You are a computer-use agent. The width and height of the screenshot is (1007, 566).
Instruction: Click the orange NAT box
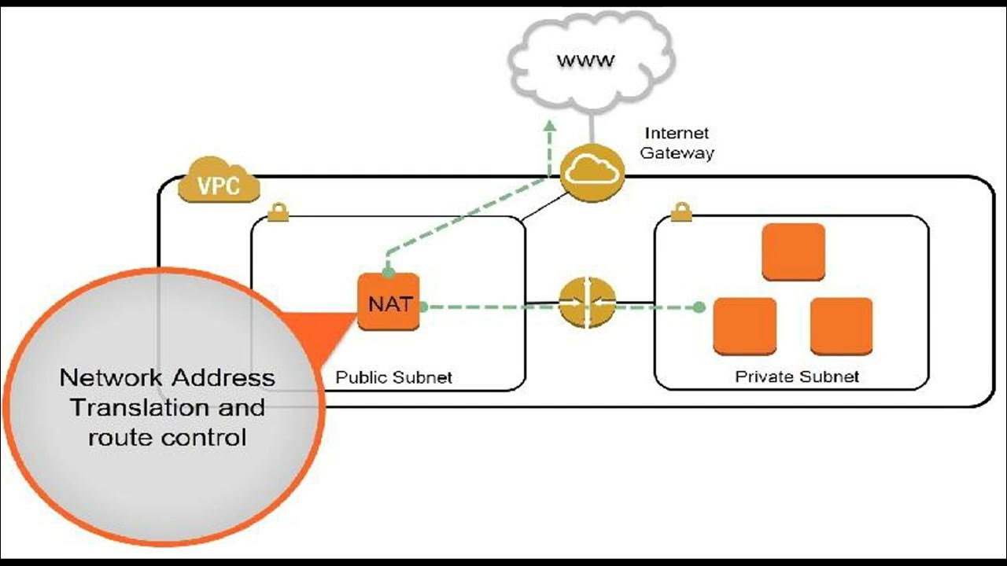389,303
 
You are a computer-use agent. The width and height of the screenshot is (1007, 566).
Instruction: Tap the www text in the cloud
585,61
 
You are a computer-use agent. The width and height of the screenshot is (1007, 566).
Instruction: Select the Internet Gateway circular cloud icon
593,172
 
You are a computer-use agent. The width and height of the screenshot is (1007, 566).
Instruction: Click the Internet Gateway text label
677,143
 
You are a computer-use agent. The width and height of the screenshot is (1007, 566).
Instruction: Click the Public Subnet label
393,377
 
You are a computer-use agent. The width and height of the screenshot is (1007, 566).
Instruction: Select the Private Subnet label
796,377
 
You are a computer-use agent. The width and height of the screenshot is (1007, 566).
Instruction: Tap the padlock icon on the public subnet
277,211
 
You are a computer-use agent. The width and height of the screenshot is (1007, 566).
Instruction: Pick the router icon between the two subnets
587,303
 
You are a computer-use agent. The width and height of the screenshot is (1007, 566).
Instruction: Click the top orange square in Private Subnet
793,252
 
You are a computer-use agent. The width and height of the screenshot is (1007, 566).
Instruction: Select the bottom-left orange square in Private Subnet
744,325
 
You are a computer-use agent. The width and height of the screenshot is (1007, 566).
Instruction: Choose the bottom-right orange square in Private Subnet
841,325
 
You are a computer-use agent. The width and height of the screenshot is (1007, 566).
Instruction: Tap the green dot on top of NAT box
388,272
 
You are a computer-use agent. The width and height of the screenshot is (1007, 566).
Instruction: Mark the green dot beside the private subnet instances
699,307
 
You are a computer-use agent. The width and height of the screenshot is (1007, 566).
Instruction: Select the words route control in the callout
167,437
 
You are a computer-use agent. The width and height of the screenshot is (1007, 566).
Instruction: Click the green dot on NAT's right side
422,307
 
